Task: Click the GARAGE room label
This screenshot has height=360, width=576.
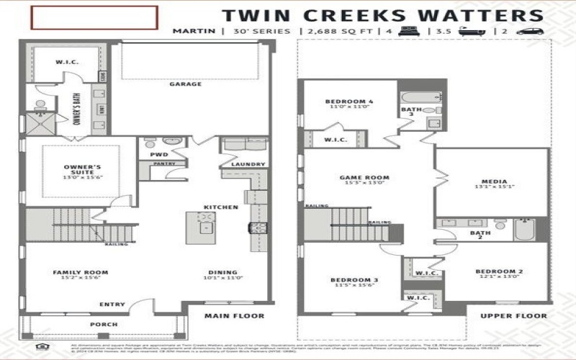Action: (185, 84)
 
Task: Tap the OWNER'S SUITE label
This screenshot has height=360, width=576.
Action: (81, 167)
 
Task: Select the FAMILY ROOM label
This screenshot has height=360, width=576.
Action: (80, 272)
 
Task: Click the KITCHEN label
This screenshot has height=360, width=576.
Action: (220, 207)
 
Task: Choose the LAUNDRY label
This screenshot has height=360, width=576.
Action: (244, 164)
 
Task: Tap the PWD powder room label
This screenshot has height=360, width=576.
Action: (159, 154)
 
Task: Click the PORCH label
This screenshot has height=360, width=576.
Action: (103, 325)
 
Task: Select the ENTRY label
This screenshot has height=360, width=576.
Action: (112, 305)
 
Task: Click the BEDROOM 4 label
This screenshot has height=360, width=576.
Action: (349, 102)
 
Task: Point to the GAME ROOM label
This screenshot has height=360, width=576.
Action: (364, 177)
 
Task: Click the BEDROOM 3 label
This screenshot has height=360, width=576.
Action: (354, 279)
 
